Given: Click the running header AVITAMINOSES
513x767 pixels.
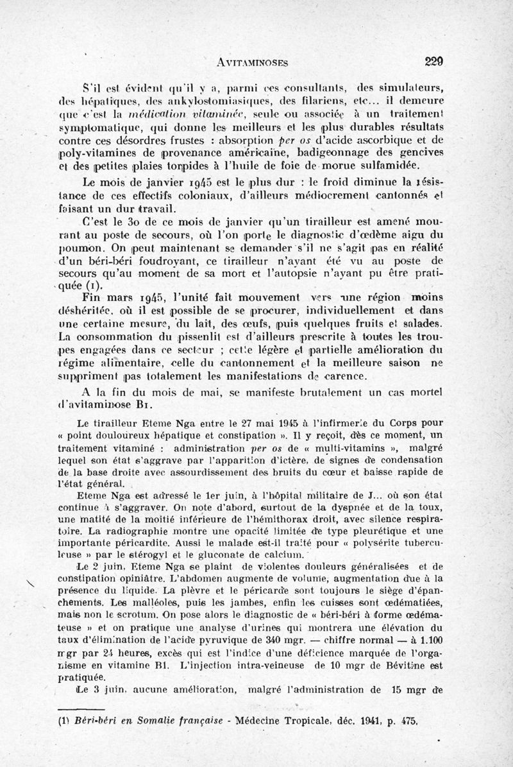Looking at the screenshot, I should (251, 62).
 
